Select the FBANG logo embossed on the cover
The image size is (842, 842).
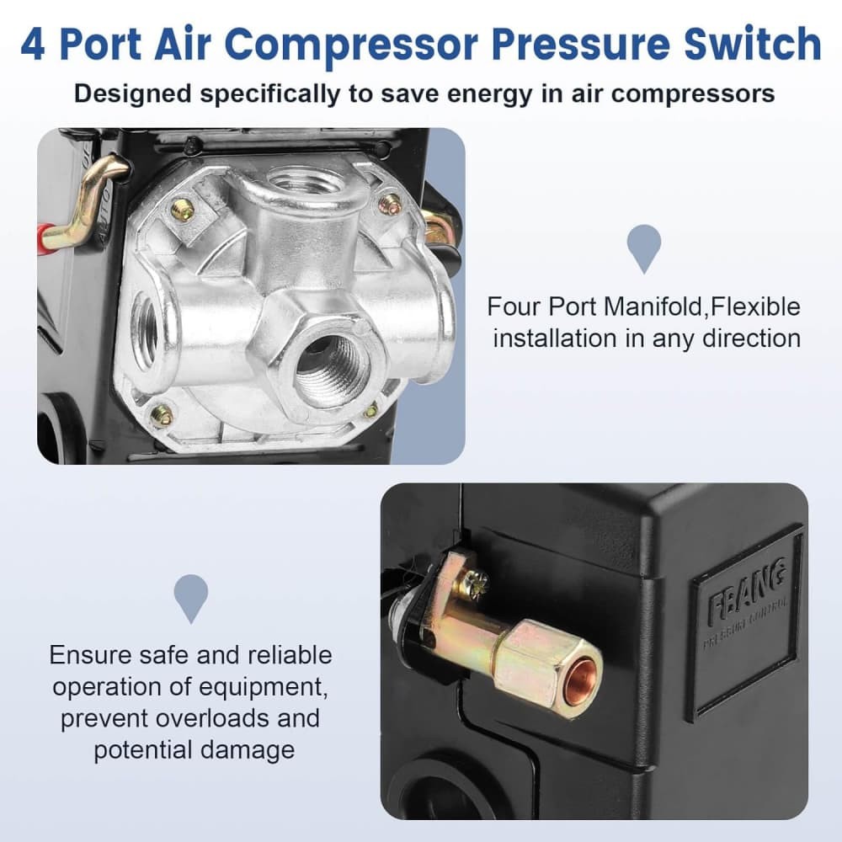(748, 584)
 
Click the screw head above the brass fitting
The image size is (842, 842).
(476, 580)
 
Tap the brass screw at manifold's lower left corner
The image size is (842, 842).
(161, 415)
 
